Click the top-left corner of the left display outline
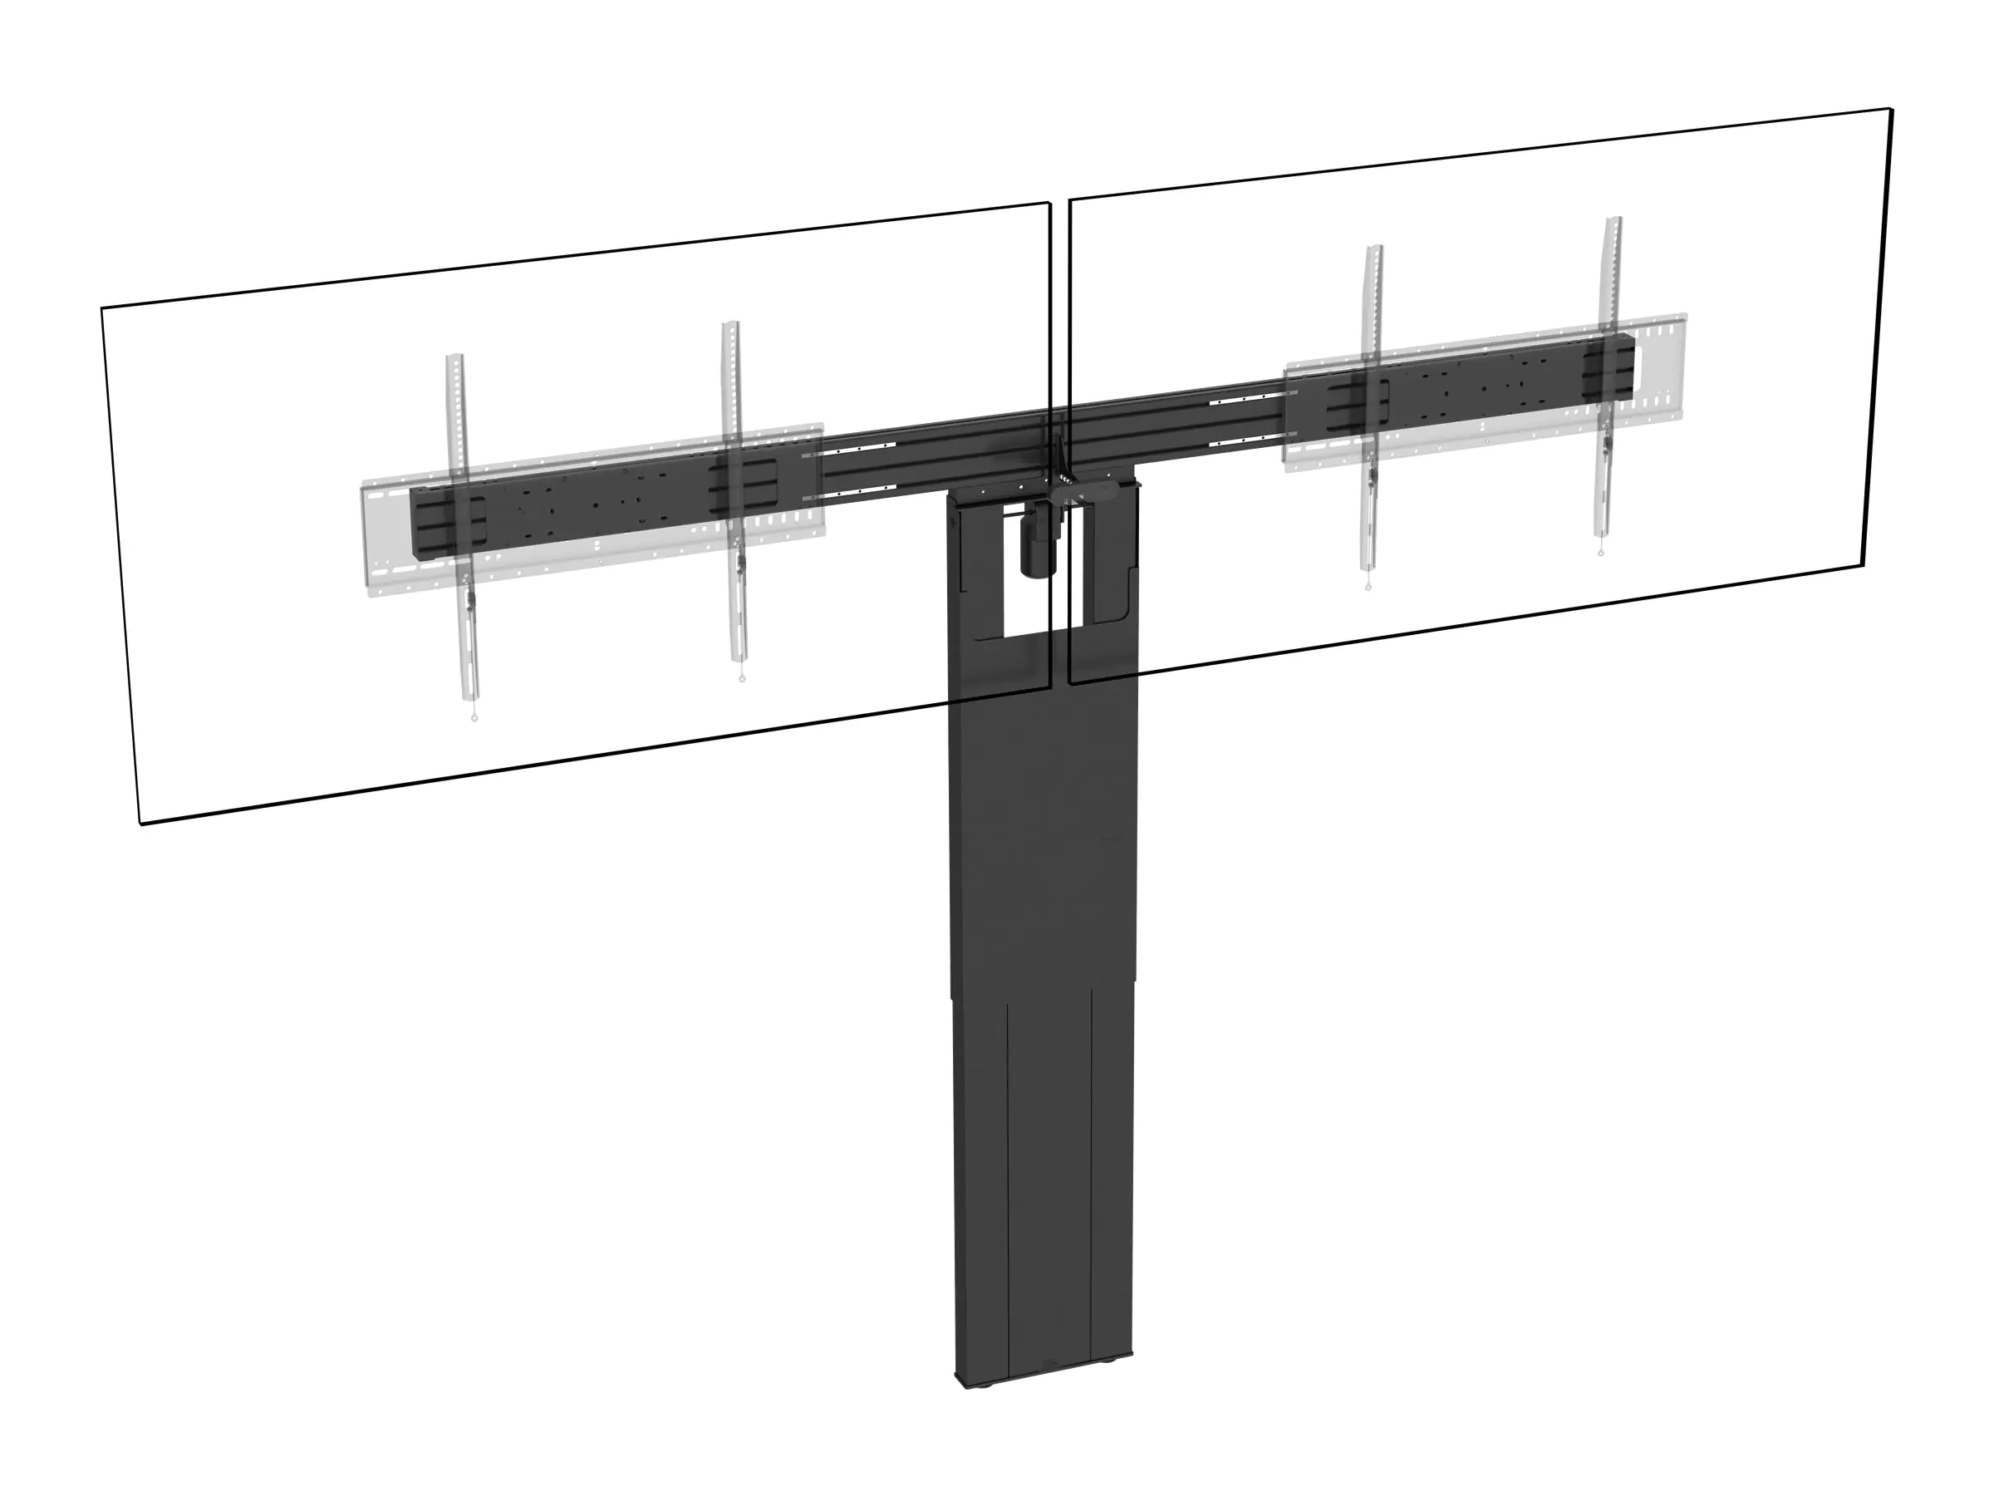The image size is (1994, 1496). point(102,308)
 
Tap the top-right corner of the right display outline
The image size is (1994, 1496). point(1890,110)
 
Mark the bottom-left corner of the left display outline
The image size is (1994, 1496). point(140,824)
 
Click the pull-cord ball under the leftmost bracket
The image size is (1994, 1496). point(474,718)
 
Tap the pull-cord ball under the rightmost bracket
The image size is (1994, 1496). point(1601,554)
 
